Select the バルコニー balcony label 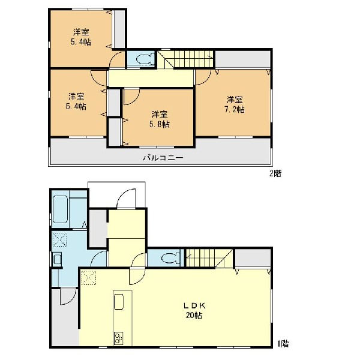pos(163,158)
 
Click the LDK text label pos(194,305)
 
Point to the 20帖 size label pos(194,316)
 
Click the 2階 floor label pos(275,173)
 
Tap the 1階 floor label pos(283,343)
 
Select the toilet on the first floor pos(170,258)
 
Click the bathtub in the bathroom pos(60,209)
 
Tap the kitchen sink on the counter pos(119,302)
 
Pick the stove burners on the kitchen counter pos(118,338)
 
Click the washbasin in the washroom pos(57,259)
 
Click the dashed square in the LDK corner pos(89,278)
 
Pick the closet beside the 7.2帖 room pos(242,59)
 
